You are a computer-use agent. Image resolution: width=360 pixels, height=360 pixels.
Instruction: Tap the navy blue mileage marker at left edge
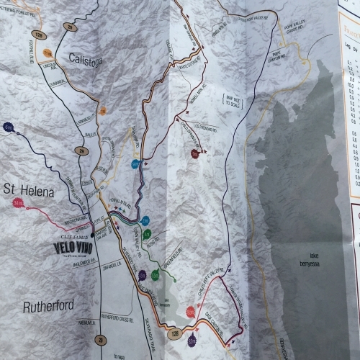pos(7,128)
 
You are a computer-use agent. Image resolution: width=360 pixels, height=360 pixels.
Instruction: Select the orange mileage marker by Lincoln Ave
pos(49,55)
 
